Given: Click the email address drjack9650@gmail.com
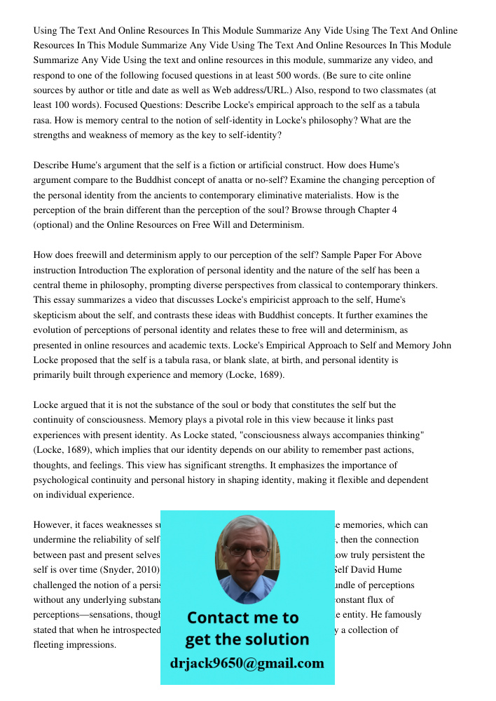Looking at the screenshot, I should pyautogui.click(x=247, y=663).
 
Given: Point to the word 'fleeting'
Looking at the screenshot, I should pyautogui.click(x=53, y=644).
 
